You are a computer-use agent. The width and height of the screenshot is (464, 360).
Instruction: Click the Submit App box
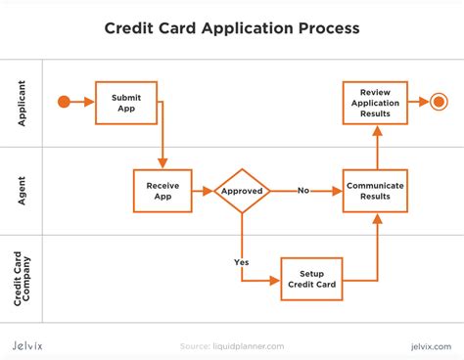point(125,102)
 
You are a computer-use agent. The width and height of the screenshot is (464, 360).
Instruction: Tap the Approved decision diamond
point(242,191)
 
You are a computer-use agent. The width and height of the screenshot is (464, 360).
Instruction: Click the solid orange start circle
point(66,102)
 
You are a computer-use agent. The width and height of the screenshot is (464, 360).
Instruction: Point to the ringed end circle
point(438,102)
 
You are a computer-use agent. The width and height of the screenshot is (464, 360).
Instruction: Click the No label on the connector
point(303,191)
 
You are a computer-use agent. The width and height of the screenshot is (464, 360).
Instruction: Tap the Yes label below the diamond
point(241,262)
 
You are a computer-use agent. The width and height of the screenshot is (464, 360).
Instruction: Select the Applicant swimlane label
point(22,102)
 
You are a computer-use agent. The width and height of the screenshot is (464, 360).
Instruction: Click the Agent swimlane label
point(22,191)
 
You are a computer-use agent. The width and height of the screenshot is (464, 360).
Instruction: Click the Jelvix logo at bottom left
point(35,344)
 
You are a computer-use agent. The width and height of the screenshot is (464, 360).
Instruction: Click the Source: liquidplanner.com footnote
point(231,345)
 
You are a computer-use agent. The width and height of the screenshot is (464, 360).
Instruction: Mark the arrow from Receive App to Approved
point(203,191)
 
